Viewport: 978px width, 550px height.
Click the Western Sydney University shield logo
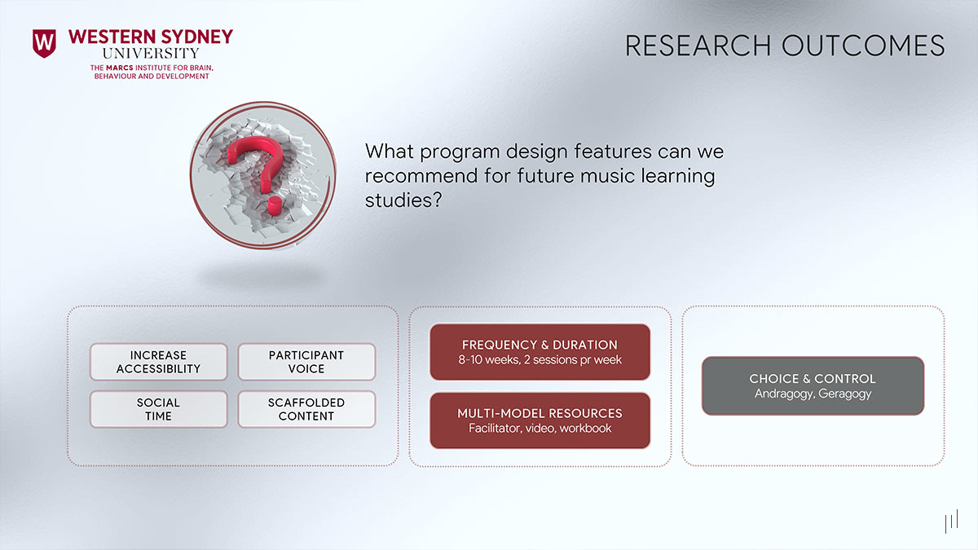pos(44,43)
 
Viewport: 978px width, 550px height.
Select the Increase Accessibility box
pos(158,362)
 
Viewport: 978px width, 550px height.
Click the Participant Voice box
pos(306,362)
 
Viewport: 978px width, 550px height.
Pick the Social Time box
pos(158,409)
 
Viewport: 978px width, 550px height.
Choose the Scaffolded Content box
pos(306,409)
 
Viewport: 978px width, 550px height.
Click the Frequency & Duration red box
pos(540,352)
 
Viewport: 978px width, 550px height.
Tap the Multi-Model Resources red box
pos(540,420)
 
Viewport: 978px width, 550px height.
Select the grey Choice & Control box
pos(813,386)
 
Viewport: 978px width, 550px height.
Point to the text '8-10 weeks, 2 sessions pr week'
pos(540,360)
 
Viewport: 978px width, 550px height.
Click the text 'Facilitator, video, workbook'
pos(540,429)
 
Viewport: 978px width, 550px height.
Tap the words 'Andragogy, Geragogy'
pos(813,394)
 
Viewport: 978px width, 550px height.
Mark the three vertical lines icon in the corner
pos(950,522)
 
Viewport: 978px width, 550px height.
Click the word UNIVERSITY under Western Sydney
pos(151,53)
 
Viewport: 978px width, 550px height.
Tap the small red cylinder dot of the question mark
pos(275,204)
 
